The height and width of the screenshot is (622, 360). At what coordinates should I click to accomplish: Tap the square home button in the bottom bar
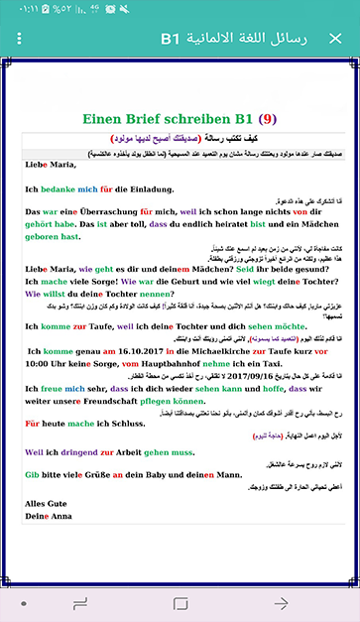pyautogui.click(x=180, y=603)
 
